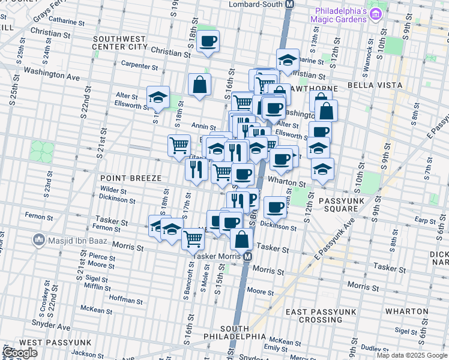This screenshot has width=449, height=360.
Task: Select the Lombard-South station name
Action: click(x=256, y=4)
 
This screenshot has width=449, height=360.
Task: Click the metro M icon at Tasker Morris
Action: click(x=247, y=256)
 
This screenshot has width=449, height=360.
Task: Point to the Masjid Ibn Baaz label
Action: click(x=70, y=241)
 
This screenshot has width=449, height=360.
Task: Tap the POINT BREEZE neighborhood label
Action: click(x=130, y=178)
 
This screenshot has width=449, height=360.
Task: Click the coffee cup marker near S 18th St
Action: click(x=208, y=41)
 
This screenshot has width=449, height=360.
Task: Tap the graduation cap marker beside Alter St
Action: click(x=158, y=97)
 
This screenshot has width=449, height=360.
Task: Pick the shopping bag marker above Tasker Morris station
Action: click(x=241, y=238)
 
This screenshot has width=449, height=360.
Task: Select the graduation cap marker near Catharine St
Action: click(x=288, y=59)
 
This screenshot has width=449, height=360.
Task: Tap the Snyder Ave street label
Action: click(x=52, y=327)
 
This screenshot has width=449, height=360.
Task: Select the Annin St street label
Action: click(x=203, y=126)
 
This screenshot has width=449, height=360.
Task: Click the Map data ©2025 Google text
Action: click(x=411, y=355)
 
